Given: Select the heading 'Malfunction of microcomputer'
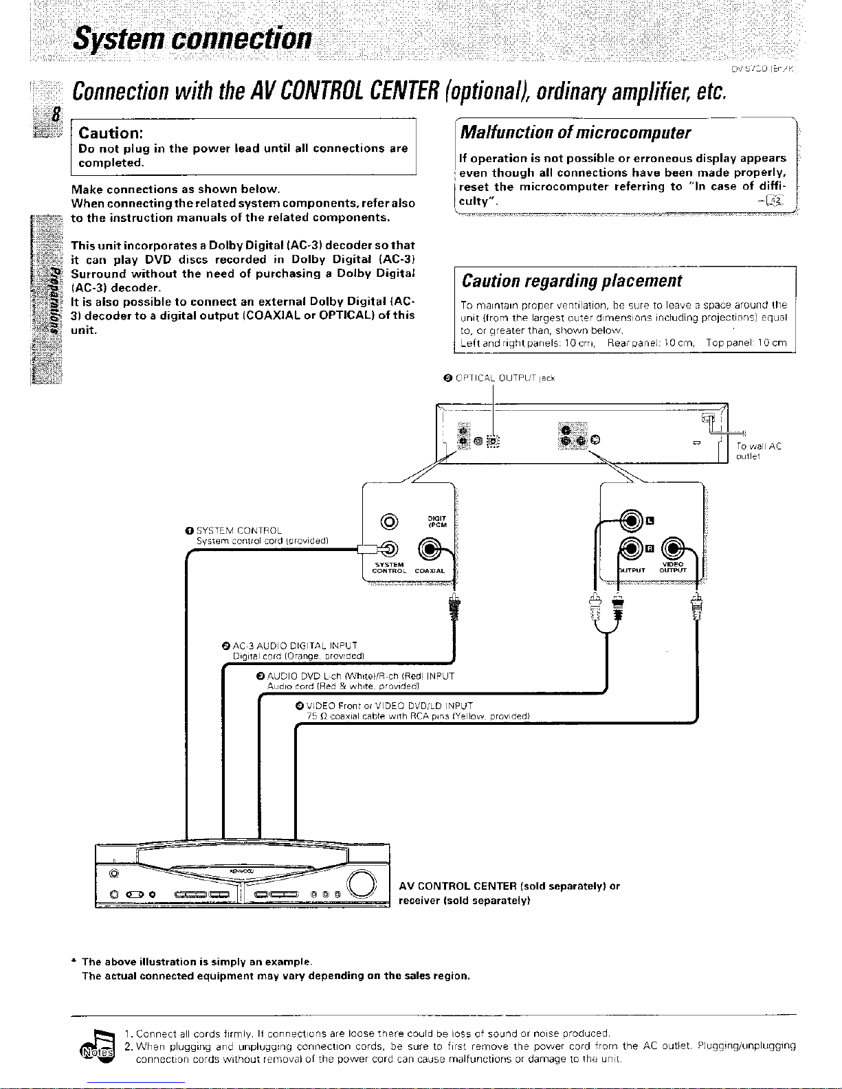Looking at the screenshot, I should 576,132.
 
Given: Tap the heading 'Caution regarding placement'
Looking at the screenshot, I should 572,281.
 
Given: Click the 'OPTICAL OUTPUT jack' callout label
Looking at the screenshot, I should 500,377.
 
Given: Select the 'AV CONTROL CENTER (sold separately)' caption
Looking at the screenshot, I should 509,886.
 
